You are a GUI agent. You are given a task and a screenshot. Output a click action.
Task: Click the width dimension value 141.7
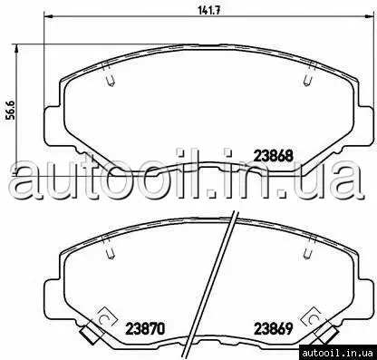click(208, 10)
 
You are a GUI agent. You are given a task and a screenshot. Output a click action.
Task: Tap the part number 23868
click(274, 156)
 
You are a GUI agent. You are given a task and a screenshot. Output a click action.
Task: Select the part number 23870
click(145, 328)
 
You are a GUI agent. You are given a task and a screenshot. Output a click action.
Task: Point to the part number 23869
click(274, 328)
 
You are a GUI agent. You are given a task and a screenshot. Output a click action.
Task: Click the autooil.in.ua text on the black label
click(338, 353)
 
